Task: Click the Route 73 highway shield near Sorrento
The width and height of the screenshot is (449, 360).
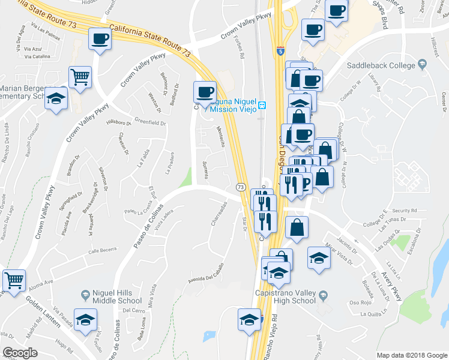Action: (x=240, y=187)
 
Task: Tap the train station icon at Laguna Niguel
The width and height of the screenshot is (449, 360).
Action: (x=262, y=106)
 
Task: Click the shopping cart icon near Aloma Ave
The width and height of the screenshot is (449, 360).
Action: (x=14, y=279)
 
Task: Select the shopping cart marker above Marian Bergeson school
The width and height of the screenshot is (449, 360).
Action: (x=80, y=76)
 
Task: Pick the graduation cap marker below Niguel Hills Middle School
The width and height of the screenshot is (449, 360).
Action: (x=85, y=319)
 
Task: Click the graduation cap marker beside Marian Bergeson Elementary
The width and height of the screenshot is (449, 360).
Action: (x=56, y=97)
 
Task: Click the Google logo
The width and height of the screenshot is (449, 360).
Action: (x=20, y=353)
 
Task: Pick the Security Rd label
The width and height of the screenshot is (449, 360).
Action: (x=404, y=211)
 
